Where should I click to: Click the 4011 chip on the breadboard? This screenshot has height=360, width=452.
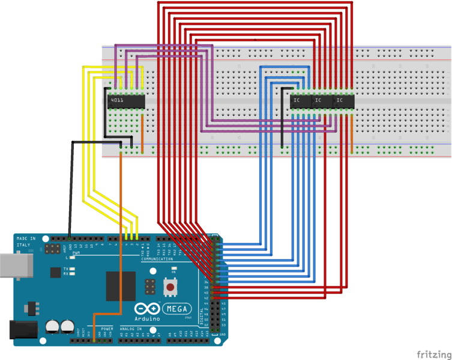(x=126, y=101)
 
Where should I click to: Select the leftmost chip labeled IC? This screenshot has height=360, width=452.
(x=299, y=101)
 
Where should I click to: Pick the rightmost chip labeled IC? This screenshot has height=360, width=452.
(x=342, y=101)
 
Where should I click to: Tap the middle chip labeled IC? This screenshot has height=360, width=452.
(x=321, y=101)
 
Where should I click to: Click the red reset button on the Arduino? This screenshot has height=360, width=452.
(x=170, y=287)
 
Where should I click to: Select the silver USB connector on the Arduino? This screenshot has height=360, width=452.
(x=14, y=266)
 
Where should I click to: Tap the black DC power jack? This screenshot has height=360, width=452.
(x=18, y=330)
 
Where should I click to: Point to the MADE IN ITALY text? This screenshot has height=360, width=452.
(x=26, y=242)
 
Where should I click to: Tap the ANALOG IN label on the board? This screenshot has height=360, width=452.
(x=130, y=329)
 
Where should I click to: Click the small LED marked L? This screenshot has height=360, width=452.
(x=72, y=257)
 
